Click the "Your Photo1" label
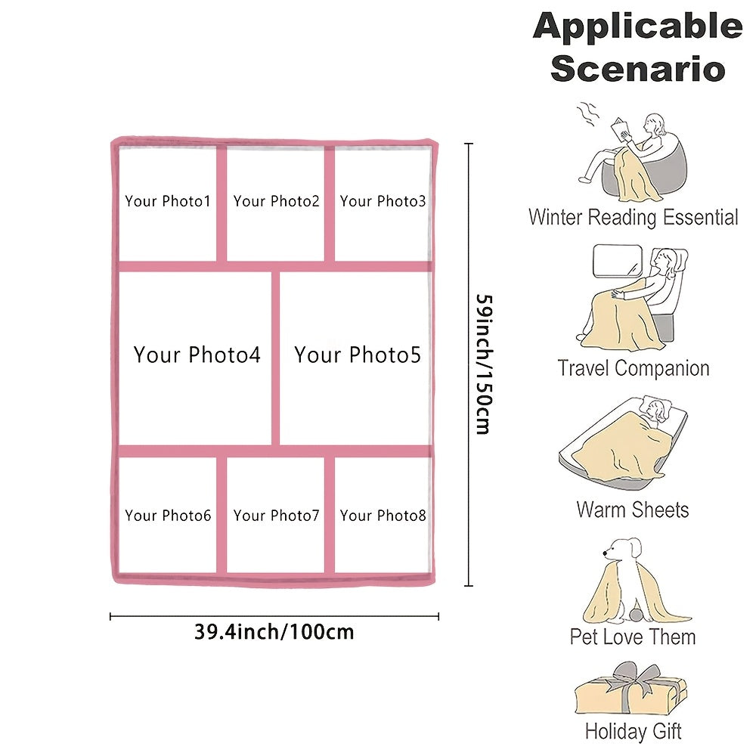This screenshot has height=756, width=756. click(168, 201)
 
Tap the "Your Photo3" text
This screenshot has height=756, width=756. click(383, 201)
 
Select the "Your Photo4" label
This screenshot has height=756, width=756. click(197, 355)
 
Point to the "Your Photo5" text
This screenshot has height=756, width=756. click(358, 355)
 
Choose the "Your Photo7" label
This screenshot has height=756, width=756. click(276, 516)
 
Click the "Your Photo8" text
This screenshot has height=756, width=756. click(383, 516)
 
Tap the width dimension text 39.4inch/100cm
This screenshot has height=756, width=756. click(274, 631)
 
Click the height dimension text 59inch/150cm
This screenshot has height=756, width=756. click(484, 364)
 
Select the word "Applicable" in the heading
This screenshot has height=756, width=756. click(637, 26)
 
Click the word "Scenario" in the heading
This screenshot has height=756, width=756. click(637, 69)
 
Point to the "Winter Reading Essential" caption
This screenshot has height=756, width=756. click(633, 217)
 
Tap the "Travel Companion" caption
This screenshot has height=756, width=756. click(633, 368)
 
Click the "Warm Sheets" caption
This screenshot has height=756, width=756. click(633, 510)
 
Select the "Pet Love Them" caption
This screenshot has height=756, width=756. click(633, 637)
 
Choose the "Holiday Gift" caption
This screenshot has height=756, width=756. click(633, 731)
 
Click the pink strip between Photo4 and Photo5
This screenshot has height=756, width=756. click(275, 358)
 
